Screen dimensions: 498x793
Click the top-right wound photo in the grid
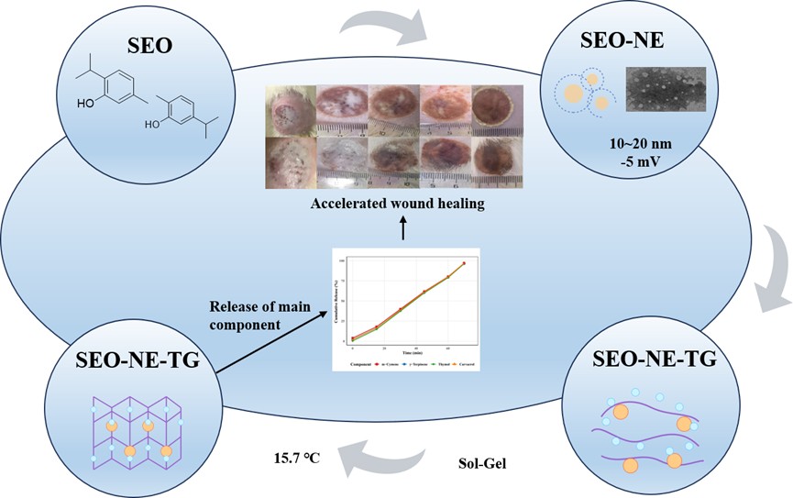point(497,112)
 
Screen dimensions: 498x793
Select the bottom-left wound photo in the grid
point(292,165)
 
